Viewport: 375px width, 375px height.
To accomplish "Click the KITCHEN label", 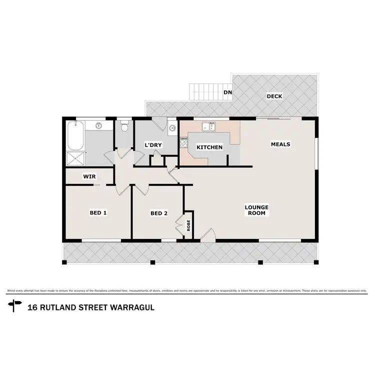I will (209, 147).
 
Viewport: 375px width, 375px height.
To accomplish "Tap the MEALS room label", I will (280, 144).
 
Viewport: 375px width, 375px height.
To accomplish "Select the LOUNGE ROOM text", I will (256, 210).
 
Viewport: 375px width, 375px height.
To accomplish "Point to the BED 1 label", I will (98, 212).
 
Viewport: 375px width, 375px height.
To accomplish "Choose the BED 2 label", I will (159, 213).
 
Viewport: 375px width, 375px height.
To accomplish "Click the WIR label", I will (89, 176).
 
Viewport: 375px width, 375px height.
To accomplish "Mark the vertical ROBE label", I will (189, 225).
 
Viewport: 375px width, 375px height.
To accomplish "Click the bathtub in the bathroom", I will (74, 135).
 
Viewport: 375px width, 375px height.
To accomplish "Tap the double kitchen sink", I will (208, 127).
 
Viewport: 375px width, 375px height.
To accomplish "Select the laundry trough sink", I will (172, 127).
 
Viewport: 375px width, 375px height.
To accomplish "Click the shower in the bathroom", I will (76, 159).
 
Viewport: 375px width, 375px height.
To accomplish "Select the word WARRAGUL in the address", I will (129, 306).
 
